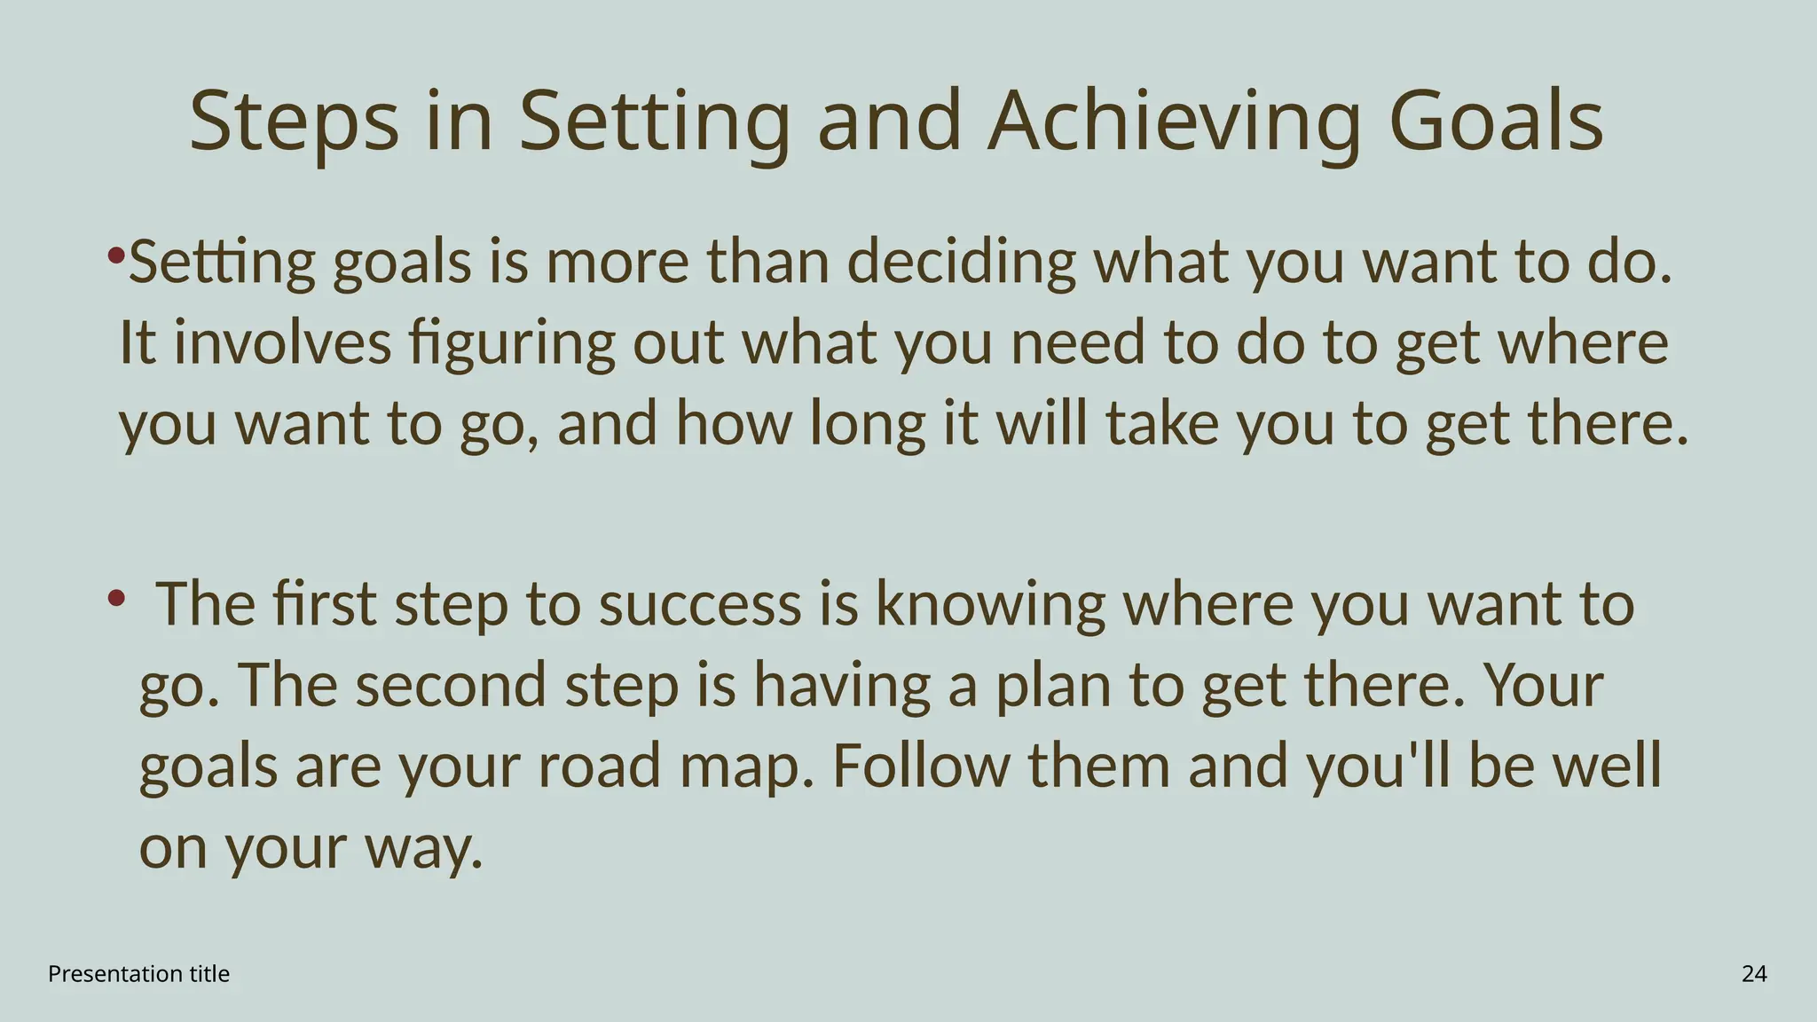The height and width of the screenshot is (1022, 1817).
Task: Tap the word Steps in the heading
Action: point(294,122)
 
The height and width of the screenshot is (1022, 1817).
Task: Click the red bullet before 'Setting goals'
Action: point(115,256)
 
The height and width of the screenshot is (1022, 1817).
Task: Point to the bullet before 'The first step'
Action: point(115,598)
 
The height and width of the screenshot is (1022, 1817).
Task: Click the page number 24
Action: point(1754,974)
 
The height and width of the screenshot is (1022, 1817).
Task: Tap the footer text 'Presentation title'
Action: point(138,974)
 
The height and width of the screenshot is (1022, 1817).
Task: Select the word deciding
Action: point(961,263)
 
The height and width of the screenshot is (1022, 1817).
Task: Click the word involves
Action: point(282,343)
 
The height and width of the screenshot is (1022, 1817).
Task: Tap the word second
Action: point(451,686)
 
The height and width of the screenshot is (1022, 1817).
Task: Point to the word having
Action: point(842,686)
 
